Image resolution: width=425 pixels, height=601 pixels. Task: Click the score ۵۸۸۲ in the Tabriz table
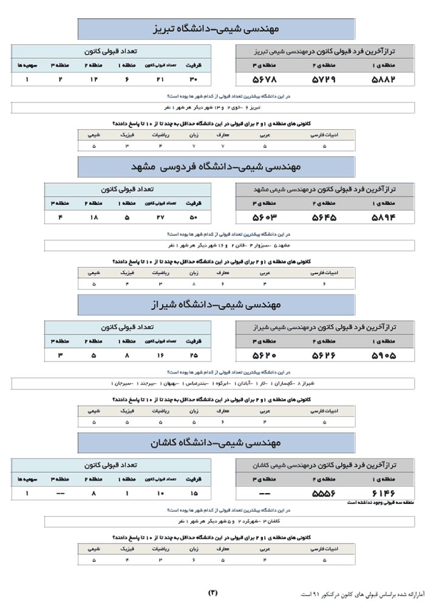click(383, 79)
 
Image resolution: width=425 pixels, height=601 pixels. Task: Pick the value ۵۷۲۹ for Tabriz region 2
click(324, 79)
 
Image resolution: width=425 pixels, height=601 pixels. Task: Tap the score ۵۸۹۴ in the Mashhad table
click(383, 217)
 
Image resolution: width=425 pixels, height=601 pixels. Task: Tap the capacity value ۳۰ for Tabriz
click(194, 79)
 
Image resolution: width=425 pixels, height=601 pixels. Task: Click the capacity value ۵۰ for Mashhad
click(194, 217)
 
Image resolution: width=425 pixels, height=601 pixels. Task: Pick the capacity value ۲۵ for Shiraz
click(194, 355)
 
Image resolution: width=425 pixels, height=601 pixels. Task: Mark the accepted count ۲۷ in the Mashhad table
click(161, 217)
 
